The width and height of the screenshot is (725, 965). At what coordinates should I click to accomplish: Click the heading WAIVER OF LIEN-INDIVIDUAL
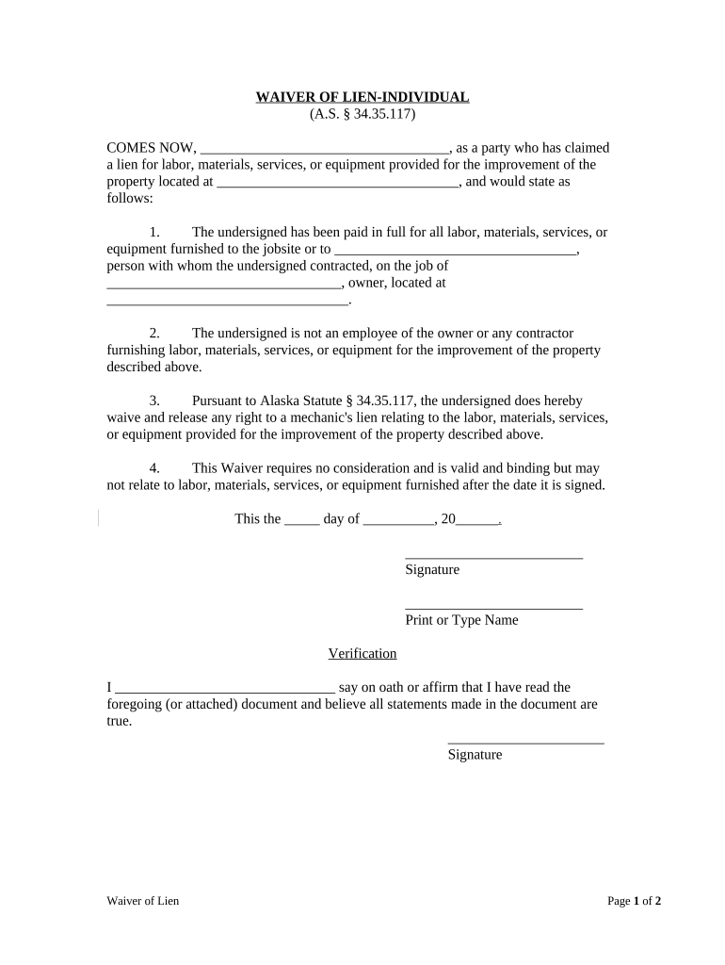[362, 97]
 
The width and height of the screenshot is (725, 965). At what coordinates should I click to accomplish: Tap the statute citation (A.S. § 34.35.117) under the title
[362, 114]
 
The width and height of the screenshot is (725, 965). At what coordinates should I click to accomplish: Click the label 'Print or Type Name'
[461, 620]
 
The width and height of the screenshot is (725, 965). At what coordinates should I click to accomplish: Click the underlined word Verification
[362, 654]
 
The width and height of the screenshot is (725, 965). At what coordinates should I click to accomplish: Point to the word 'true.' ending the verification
[120, 722]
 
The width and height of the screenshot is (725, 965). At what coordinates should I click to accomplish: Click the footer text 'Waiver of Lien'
[142, 901]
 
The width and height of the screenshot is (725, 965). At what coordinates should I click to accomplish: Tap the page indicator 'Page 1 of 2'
[634, 901]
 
